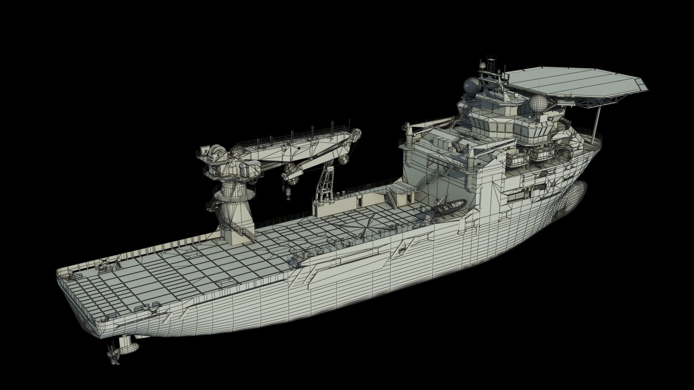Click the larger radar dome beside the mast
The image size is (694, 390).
(472, 86)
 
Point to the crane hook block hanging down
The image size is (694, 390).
(288, 194)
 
